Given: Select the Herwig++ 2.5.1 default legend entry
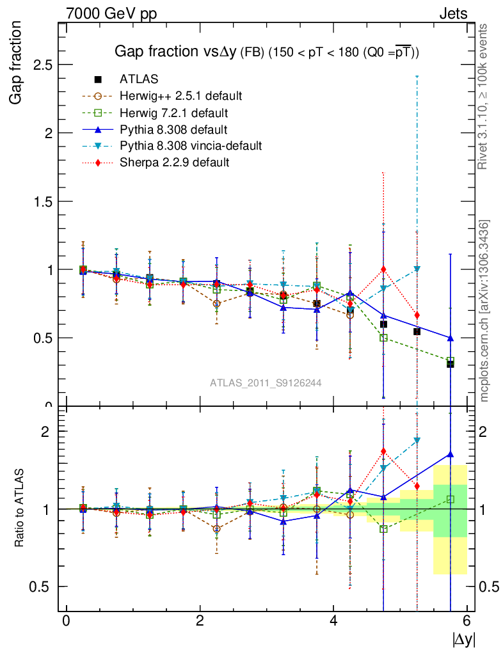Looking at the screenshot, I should pyautogui.click(x=180, y=96).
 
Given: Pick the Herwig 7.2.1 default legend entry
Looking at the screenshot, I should pyautogui.click(x=175, y=113).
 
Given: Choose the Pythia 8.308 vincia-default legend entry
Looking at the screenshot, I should pyautogui.click(x=191, y=146).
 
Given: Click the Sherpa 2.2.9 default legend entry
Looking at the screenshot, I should pyautogui.click(x=174, y=162).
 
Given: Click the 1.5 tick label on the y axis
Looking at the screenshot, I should pyautogui.click(x=42, y=201).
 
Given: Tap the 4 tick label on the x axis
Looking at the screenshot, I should pyautogui.click(x=333, y=620).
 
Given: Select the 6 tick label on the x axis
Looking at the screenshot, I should pyautogui.click(x=467, y=620).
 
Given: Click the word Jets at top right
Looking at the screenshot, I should pyautogui.click(x=452, y=13).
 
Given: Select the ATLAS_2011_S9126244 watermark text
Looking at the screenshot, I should pyautogui.click(x=266, y=383).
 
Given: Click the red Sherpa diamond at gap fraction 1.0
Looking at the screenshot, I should pyautogui.click(x=383, y=269).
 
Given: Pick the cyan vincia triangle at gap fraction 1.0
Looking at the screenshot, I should pyautogui.click(x=417, y=269).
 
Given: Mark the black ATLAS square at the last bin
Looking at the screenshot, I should pyautogui.click(x=451, y=364).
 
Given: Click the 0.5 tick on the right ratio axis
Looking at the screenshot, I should pyautogui.click(x=487, y=587).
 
